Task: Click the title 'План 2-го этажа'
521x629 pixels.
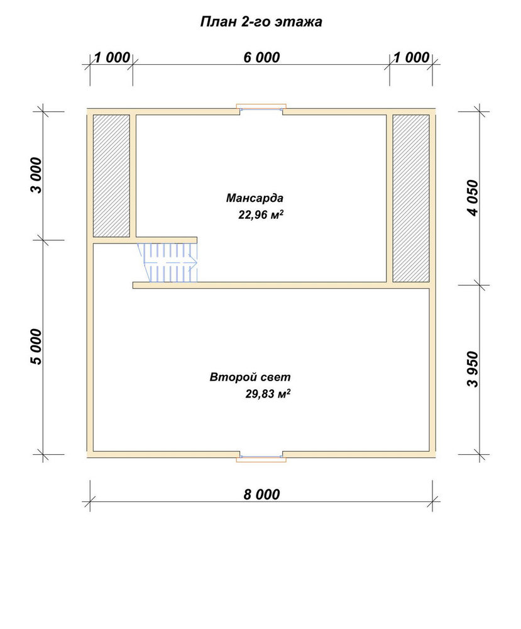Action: tap(261, 21)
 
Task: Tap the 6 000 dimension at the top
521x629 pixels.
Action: tap(261, 57)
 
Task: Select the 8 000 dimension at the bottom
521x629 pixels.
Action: tap(261, 494)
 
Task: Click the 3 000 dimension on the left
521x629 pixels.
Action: tap(36, 175)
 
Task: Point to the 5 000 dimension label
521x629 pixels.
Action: tap(36, 347)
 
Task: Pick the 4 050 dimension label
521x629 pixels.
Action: tap(473, 198)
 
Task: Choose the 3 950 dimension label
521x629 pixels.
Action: tap(473, 369)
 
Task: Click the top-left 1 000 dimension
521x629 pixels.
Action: tap(112, 57)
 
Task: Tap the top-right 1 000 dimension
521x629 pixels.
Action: tap(411, 57)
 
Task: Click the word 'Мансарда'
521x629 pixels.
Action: tap(255, 198)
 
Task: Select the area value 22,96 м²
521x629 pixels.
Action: tap(261, 214)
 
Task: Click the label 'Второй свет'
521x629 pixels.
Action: tap(250, 377)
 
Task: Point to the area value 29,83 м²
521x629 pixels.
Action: tap(268, 394)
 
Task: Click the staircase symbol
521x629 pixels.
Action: tap(168, 262)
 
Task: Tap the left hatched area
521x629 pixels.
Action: tap(111, 175)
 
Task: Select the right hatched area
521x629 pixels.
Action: tap(411, 198)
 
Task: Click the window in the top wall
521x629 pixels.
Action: tap(261, 108)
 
